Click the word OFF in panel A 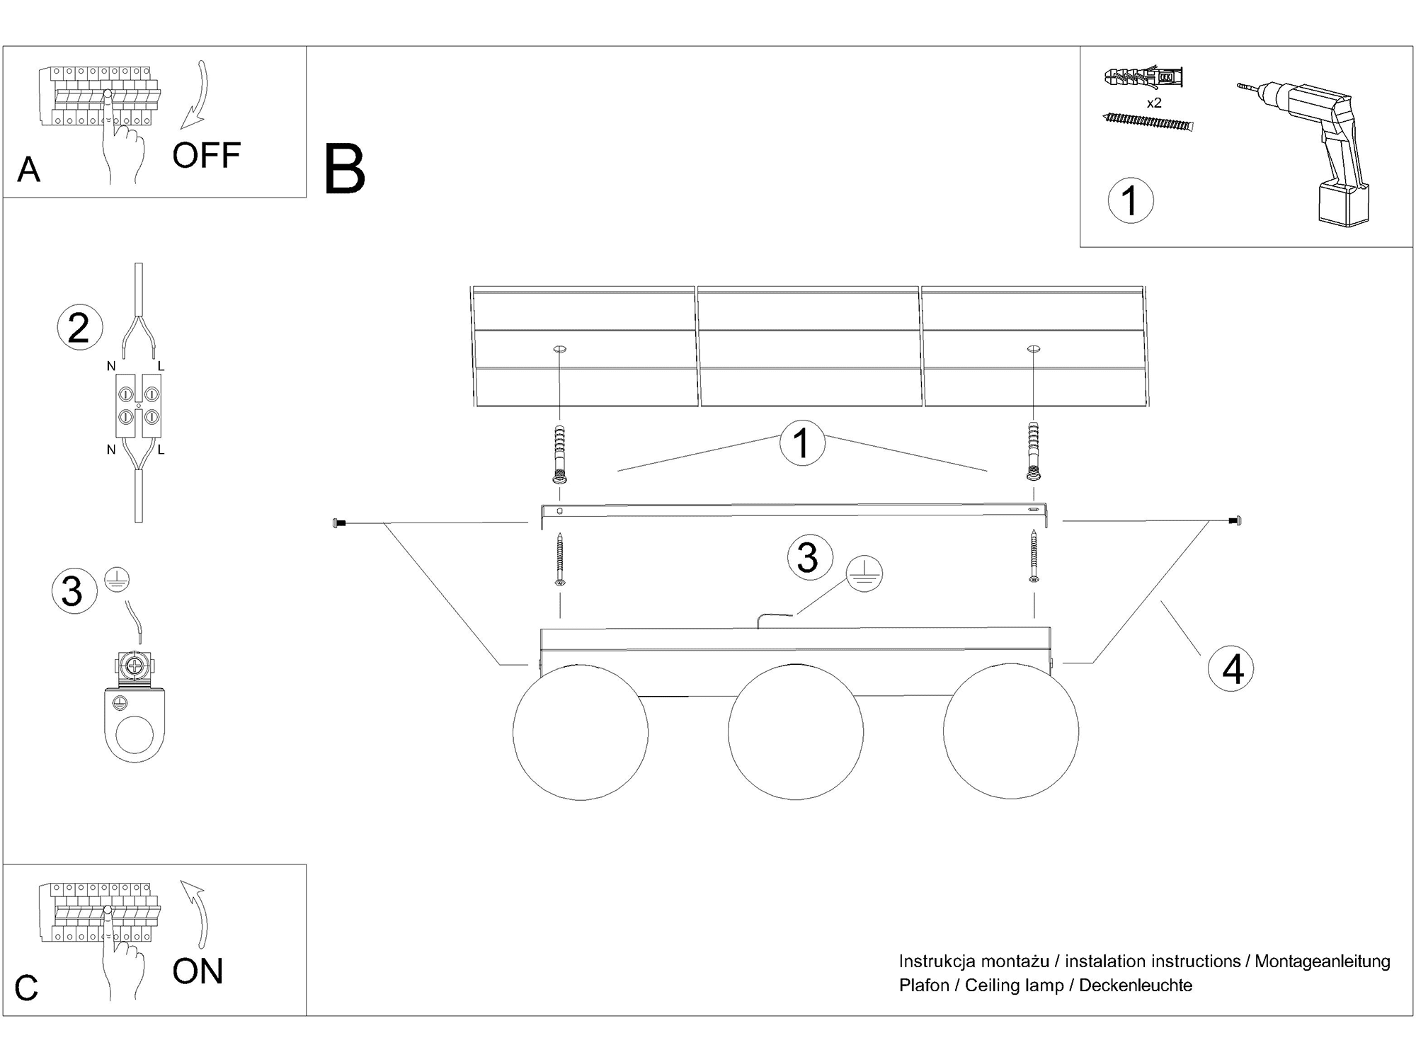206,155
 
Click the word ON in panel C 198,971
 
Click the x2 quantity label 1154,103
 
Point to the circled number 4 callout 1232,668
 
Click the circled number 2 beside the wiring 79,328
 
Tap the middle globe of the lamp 795,731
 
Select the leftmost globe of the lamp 580,731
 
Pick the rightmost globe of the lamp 1010,731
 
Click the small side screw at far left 338,523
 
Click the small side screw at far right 1235,521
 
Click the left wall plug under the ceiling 559,455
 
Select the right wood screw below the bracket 1034,558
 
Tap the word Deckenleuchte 1136,985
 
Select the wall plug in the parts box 1143,76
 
